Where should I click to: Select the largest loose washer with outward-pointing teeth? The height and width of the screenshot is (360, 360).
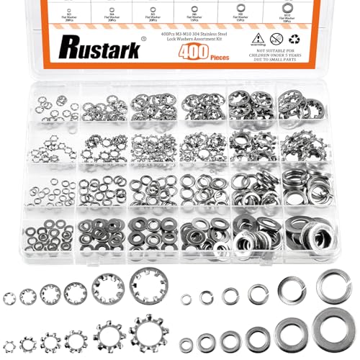[x=148, y=328]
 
